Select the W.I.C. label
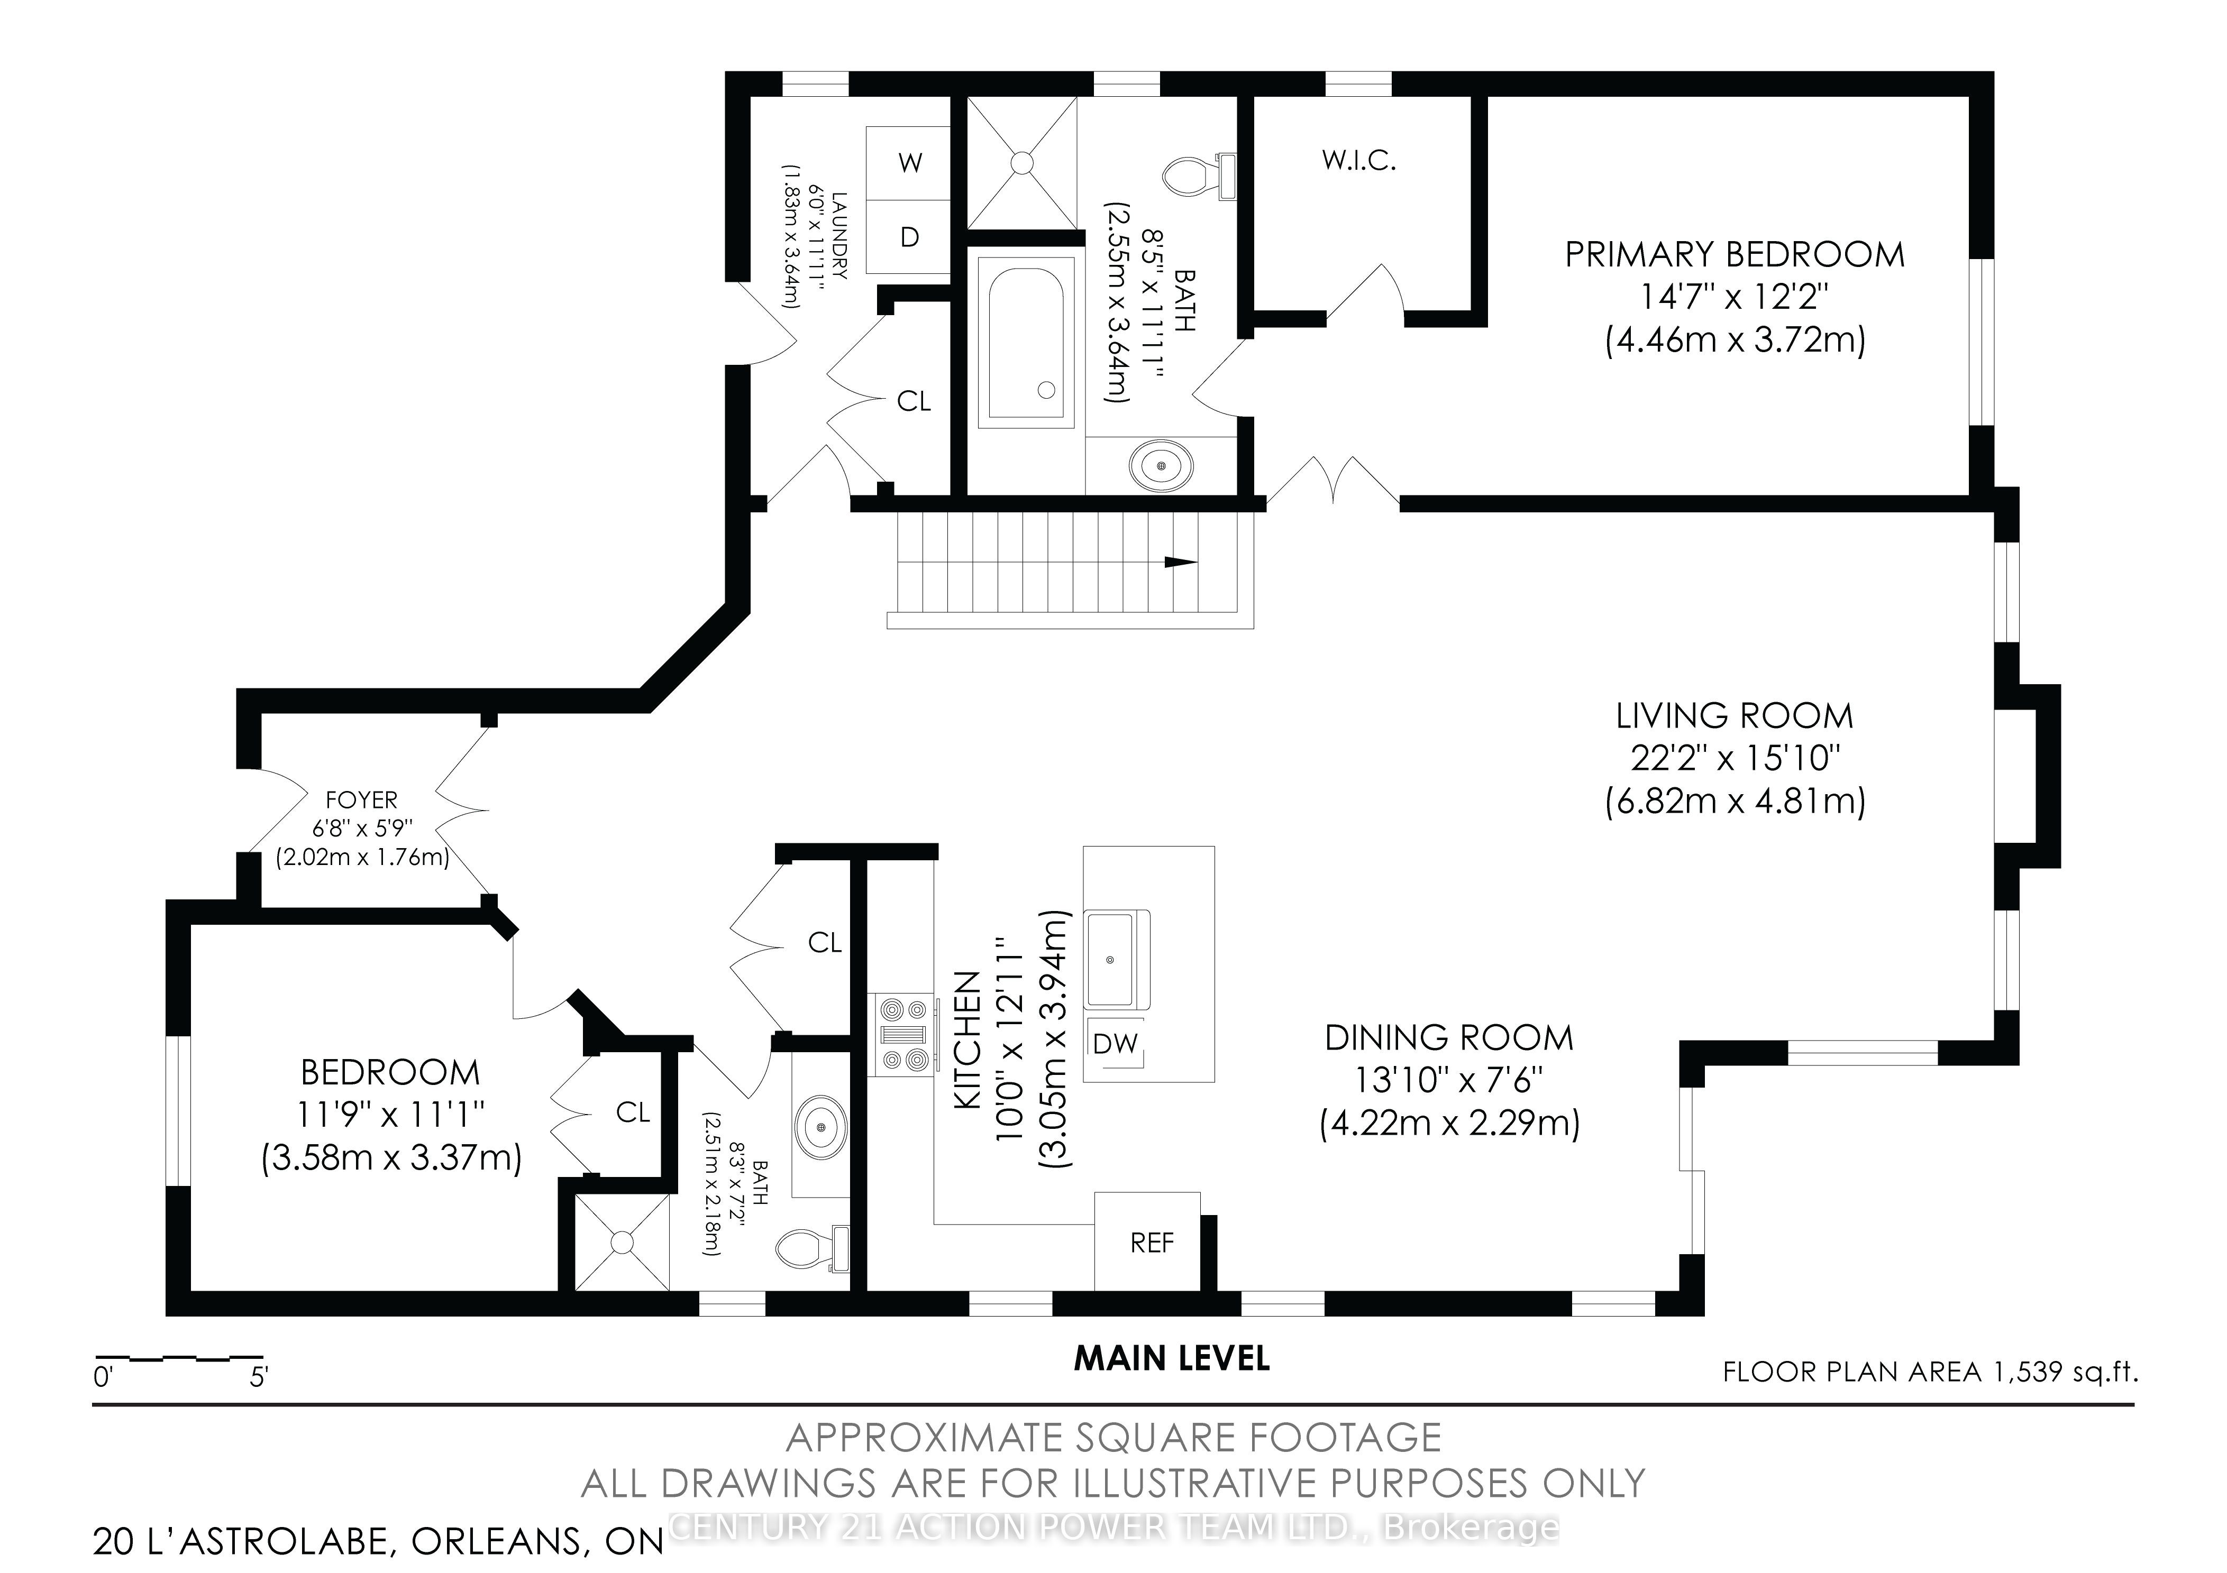[1359, 161]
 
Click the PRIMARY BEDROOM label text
[1735, 254]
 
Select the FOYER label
[362, 800]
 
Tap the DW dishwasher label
[1115, 1044]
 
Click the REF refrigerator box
[1147, 1241]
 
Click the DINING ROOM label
[1449, 1038]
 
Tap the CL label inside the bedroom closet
[633, 1112]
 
